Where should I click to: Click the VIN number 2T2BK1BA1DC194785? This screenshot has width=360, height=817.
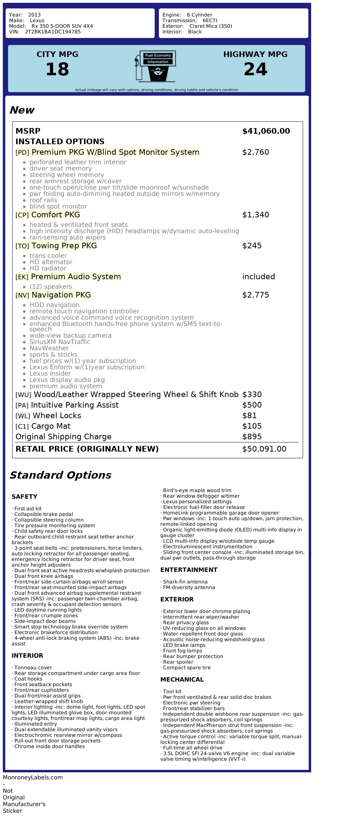(x=53, y=32)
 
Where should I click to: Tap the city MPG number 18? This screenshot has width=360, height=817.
(x=57, y=69)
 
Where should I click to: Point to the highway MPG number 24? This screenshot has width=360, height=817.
(x=255, y=69)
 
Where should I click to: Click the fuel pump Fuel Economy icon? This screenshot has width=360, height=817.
(x=155, y=66)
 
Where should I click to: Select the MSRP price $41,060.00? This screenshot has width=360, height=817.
(x=266, y=131)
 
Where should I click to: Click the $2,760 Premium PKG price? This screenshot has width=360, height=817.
(x=256, y=152)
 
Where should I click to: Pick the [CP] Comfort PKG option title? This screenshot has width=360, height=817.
(x=48, y=215)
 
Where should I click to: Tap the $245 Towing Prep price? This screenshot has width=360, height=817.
(x=252, y=246)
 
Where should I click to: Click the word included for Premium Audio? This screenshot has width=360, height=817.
(x=258, y=277)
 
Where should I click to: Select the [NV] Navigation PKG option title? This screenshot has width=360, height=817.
(x=53, y=295)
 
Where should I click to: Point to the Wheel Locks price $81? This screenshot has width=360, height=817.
(x=249, y=416)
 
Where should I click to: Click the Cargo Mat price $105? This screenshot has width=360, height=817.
(x=252, y=426)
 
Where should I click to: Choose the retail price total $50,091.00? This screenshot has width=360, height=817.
(x=264, y=449)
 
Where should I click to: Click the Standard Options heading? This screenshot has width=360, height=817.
(x=60, y=475)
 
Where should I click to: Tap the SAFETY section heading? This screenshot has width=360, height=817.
(x=24, y=497)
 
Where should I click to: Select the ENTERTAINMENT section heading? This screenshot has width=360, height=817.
(x=189, y=570)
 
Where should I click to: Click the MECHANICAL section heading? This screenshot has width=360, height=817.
(x=182, y=679)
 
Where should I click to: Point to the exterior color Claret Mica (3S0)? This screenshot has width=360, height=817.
(x=211, y=26)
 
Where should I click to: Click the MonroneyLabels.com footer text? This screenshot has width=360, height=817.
(x=33, y=778)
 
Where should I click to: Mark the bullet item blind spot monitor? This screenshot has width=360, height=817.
(x=58, y=206)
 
